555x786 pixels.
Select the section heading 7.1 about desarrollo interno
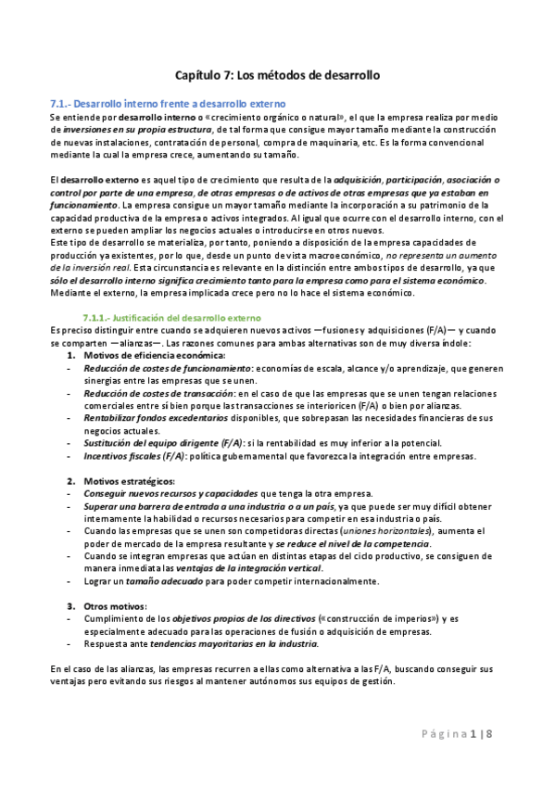167,103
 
